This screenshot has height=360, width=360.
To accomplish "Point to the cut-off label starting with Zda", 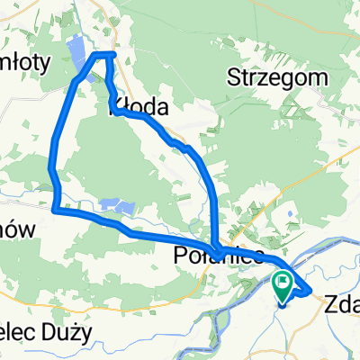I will click(340, 306).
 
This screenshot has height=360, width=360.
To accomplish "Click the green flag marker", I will click(282, 287).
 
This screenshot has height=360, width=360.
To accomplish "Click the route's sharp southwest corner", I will click(55, 211).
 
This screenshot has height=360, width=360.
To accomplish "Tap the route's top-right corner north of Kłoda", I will click(113, 55).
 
